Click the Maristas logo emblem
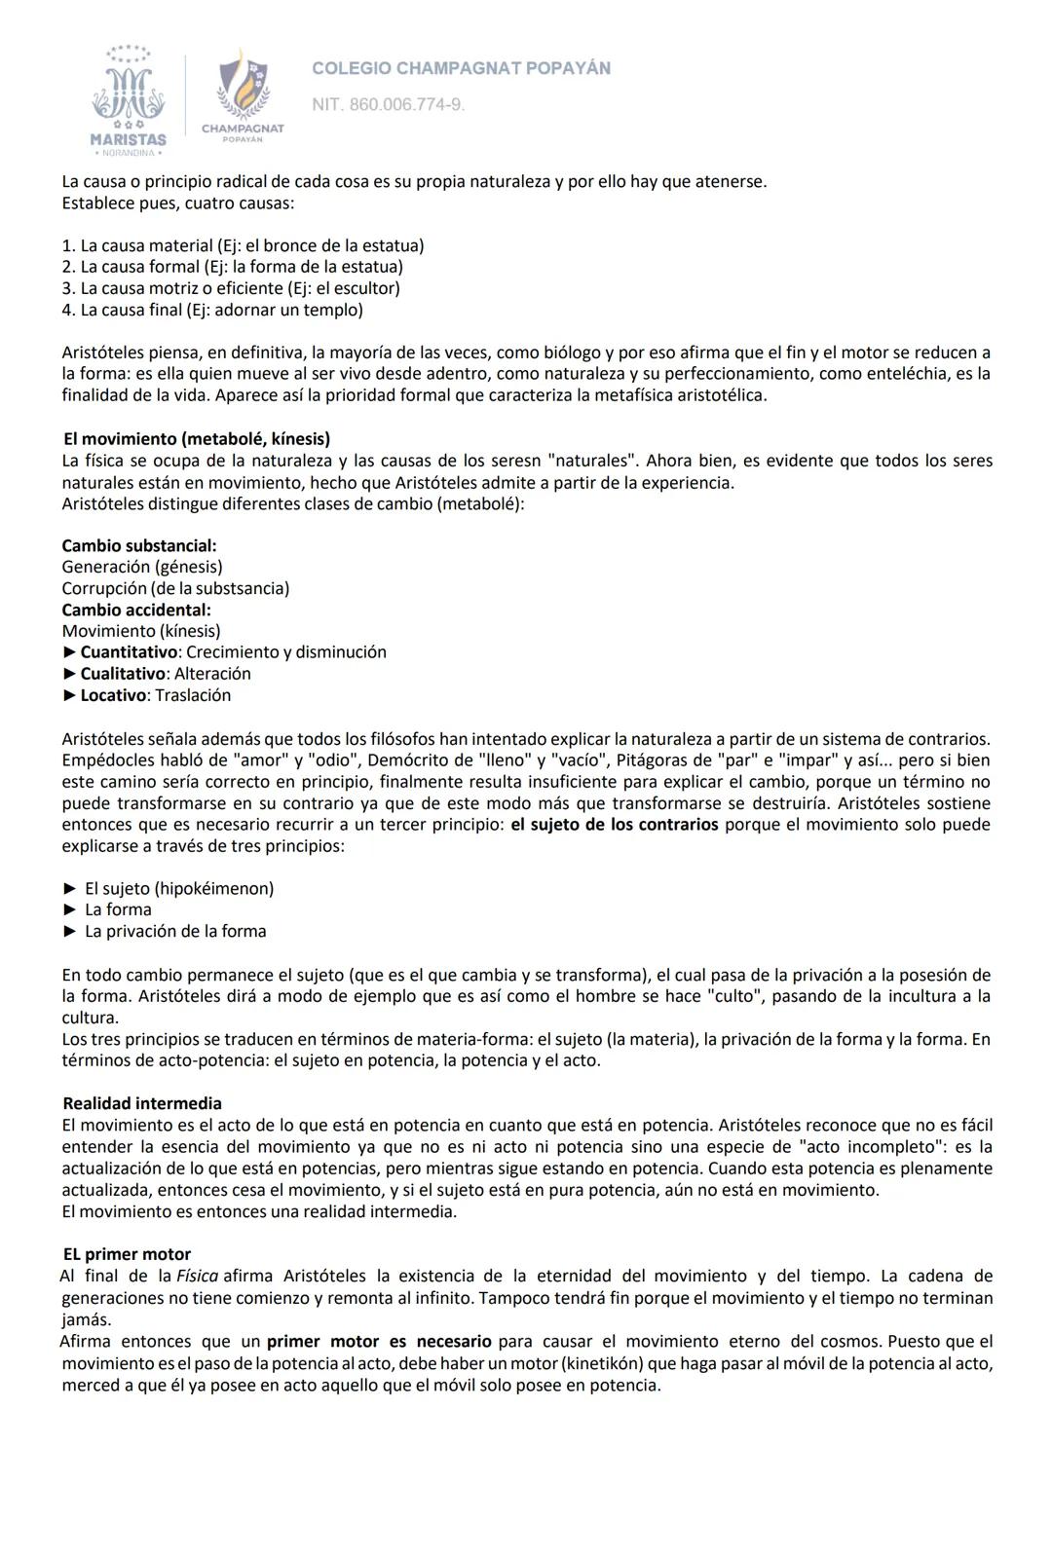[129, 98]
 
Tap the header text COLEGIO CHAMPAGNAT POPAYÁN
[461, 68]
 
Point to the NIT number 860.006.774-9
[388, 104]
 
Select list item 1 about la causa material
[243, 245]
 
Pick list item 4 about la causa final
[211, 310]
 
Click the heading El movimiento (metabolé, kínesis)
[197, 439]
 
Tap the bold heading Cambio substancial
[139, 545]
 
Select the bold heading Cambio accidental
[136, 610]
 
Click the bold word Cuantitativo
[129, 652]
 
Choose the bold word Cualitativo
[123, 674]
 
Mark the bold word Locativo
[113, 695]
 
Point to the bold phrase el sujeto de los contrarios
[615, 825]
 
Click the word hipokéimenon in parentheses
[214, 888]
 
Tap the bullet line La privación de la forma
[175, 931]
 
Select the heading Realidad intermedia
[142, 1103]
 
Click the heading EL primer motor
[127, 1254]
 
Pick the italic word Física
[197, 1276]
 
